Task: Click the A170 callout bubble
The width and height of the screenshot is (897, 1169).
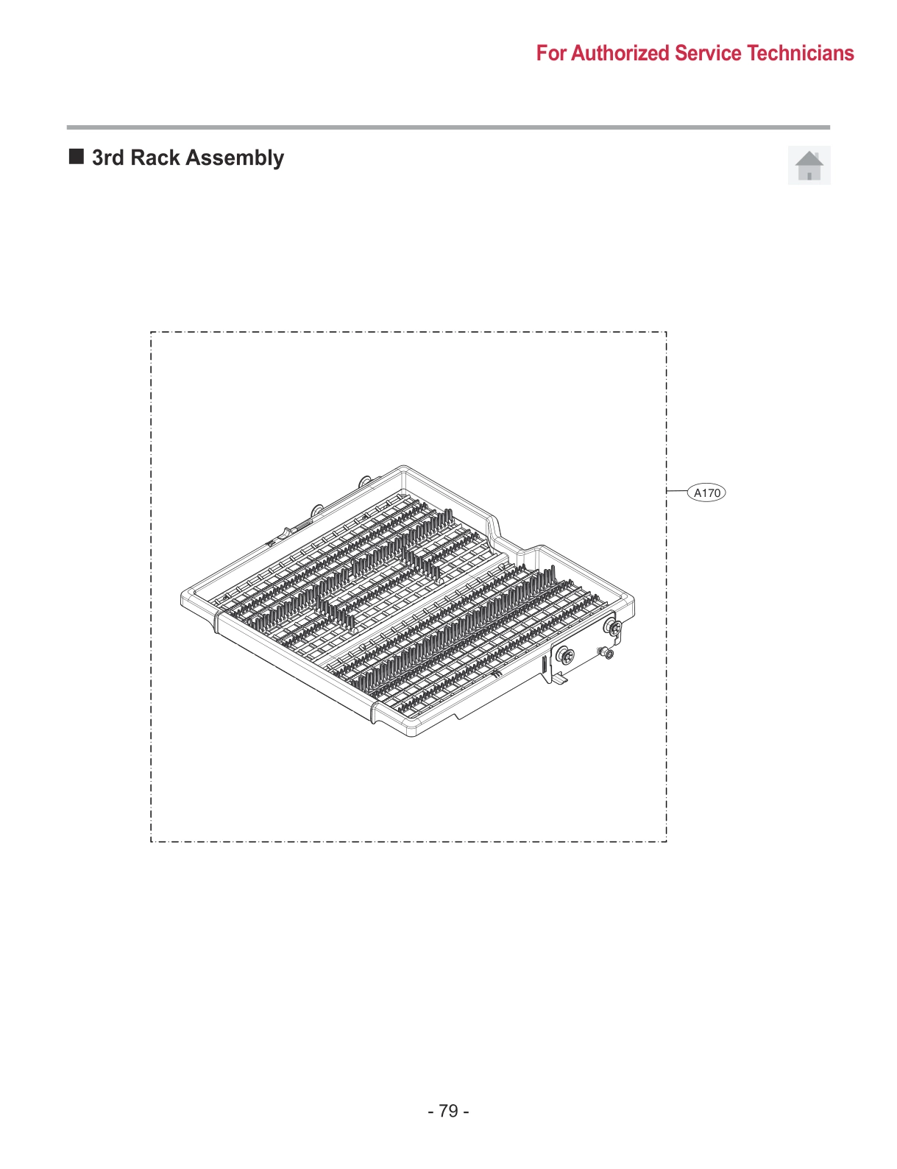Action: pos(706,492)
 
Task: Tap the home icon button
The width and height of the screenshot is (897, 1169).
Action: pos(809,165)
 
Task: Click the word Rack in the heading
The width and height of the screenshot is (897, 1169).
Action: pos(155,158)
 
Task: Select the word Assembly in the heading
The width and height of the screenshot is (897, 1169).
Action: pos(235,158)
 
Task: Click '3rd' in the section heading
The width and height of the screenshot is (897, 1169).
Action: pos(107,158)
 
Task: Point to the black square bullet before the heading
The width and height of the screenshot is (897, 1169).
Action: pos(77,156)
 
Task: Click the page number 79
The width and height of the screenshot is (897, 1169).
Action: pos(448,1110)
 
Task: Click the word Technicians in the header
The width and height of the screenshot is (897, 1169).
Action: pos(801,53)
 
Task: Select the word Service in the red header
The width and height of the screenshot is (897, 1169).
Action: pos(708,53)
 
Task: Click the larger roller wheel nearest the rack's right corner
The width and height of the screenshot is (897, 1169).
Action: pos(613,628)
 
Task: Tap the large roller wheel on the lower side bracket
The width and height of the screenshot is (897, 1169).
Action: pos(565,654)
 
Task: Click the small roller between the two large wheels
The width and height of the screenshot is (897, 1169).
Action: pos(607,653)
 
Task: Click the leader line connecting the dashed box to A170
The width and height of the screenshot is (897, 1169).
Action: pos(676,491)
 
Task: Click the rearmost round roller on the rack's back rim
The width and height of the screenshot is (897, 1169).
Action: pos(364,481)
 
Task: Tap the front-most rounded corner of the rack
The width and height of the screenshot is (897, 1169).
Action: pos(412,731)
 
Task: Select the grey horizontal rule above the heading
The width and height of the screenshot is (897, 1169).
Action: pos(448,127)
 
